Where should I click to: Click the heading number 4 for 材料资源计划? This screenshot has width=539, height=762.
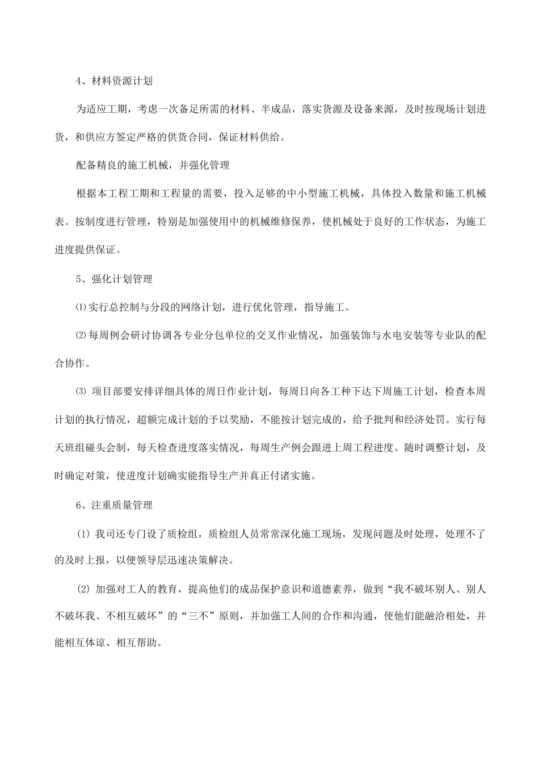(x=79, y=81)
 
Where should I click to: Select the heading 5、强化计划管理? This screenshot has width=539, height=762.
(x=114, y=279)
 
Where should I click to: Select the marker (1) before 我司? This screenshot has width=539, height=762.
(x=84, y=534)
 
